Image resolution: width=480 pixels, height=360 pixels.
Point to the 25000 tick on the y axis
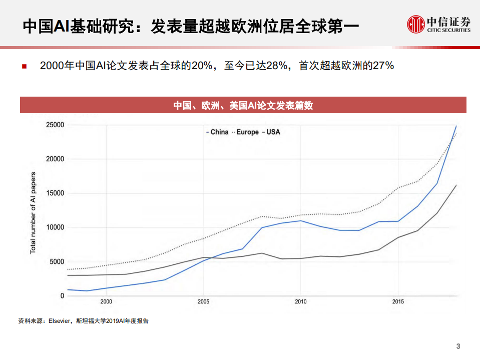[55, 125]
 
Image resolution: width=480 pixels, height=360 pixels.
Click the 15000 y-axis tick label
[55, 193]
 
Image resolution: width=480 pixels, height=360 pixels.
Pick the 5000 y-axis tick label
[57, 261]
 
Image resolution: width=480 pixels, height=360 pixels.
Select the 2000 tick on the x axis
[106, 301]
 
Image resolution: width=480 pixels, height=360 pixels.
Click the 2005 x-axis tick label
[203, 301]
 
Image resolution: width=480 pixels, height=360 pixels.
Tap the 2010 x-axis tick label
[300, 301]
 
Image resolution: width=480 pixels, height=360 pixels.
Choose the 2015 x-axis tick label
[398, 301]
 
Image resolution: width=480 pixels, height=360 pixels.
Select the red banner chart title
[243, 105]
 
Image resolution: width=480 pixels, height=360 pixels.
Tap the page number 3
[458, 346]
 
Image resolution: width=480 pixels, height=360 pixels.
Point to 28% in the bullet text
[275, 66]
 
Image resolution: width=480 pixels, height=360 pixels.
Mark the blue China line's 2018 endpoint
[456, 126]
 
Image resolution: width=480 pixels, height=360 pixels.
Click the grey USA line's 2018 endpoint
[456, 185]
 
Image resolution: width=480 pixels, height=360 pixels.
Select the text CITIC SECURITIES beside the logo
[449, 30]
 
